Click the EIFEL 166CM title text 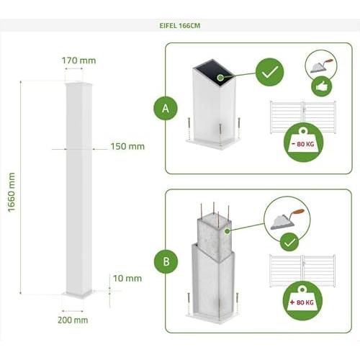click(180, 26)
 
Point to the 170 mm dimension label click(78, 60)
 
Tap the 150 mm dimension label click(127, 146)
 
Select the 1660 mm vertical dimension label click(12, 192)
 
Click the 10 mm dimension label click(127, 279)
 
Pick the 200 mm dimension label click(73, 320)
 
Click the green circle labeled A click(166, 108)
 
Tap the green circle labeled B click(166, 261)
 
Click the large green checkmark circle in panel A click(269, 72)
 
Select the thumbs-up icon click(322, 87)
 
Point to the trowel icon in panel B click(287, 220)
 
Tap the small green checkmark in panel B click(289, 243)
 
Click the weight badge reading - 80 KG click(303, 143)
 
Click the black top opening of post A click(214, 71)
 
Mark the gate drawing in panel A click(303, 117)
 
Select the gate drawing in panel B click(302, 271)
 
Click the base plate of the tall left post click(77, 294)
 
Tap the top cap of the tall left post click(78, 84)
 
